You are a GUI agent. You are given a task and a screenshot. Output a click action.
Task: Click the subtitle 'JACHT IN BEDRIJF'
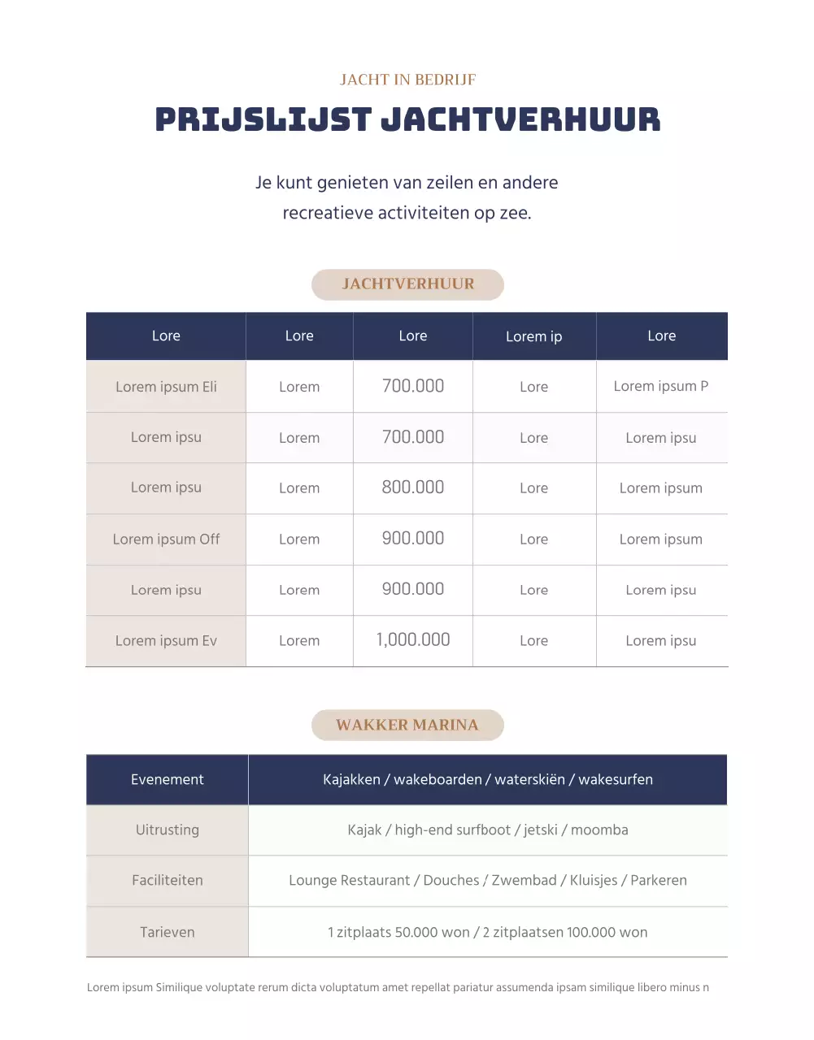407,80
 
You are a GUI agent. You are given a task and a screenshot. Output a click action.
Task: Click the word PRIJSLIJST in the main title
263,119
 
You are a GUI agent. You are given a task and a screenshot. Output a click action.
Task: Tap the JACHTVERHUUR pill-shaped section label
407,284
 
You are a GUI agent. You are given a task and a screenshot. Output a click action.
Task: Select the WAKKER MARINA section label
407,725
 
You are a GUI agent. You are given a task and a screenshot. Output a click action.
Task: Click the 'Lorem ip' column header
533,336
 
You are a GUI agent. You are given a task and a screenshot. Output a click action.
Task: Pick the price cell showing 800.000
413,487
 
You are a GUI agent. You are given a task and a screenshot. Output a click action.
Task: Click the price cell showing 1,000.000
413,640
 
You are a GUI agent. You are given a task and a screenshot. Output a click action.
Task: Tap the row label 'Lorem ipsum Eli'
166,387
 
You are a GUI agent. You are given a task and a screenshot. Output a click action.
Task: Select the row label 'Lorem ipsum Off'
166,539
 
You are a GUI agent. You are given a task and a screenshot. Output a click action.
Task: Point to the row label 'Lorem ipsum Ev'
166,640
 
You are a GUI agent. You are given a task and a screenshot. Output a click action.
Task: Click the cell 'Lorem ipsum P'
661,386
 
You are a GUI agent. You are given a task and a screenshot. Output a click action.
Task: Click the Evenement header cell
168,779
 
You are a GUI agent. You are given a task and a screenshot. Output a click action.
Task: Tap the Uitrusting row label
168,830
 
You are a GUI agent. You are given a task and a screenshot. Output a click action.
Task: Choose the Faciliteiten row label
168,880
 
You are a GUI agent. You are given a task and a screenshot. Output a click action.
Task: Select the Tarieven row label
168,932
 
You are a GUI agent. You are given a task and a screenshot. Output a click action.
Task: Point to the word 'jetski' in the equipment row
541,830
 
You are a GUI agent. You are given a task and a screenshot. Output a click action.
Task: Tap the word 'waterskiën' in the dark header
529,779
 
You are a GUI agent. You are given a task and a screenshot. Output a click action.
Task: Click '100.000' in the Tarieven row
592,932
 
